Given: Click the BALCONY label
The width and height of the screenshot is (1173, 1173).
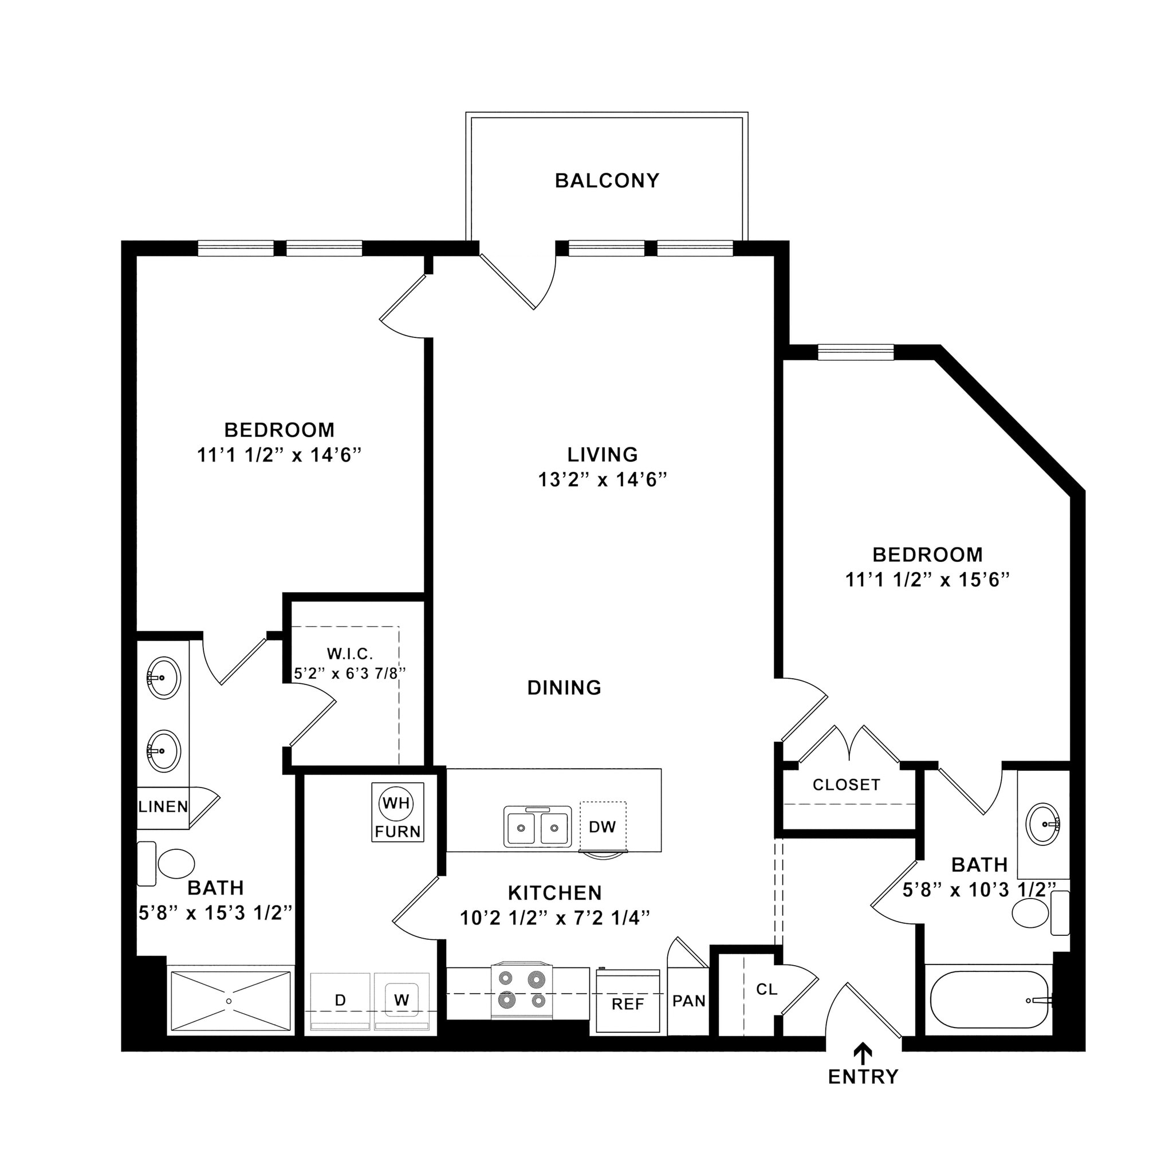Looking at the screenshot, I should [607, 181].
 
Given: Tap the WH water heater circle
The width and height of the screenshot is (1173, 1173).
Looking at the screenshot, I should [396, 803].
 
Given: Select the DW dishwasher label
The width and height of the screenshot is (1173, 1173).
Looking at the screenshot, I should [602, 826].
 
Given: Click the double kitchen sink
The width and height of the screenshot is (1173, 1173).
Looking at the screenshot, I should [537, 826].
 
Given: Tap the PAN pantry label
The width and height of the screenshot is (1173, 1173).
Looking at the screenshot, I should [688, 1000].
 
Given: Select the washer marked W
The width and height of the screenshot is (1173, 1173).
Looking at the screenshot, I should [402, 1000].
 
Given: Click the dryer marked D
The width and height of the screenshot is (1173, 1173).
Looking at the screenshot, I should [340, 1000].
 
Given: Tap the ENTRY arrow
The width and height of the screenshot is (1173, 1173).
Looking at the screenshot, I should [863, 1051].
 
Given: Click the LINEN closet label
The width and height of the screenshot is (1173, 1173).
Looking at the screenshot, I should [163, 807].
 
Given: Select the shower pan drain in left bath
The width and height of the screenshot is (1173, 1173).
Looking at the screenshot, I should [229, 1001].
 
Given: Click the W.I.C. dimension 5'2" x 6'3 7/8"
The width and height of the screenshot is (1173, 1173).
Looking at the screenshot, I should [349, 674].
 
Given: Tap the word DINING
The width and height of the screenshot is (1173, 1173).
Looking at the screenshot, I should [564, 687].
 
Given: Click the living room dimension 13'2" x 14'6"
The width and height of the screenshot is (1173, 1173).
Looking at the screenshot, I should [603, 479].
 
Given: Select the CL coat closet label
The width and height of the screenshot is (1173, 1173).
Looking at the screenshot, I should [766, 989].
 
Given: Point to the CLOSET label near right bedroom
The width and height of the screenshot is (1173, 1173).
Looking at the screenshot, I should [846, 785].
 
